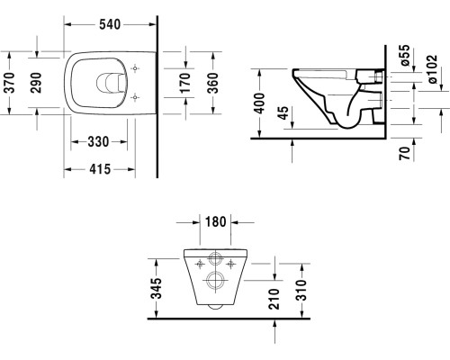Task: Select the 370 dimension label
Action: [x=10, y=85]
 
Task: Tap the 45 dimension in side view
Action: [x=285, y=113]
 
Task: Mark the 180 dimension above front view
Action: [x=213, y=222]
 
